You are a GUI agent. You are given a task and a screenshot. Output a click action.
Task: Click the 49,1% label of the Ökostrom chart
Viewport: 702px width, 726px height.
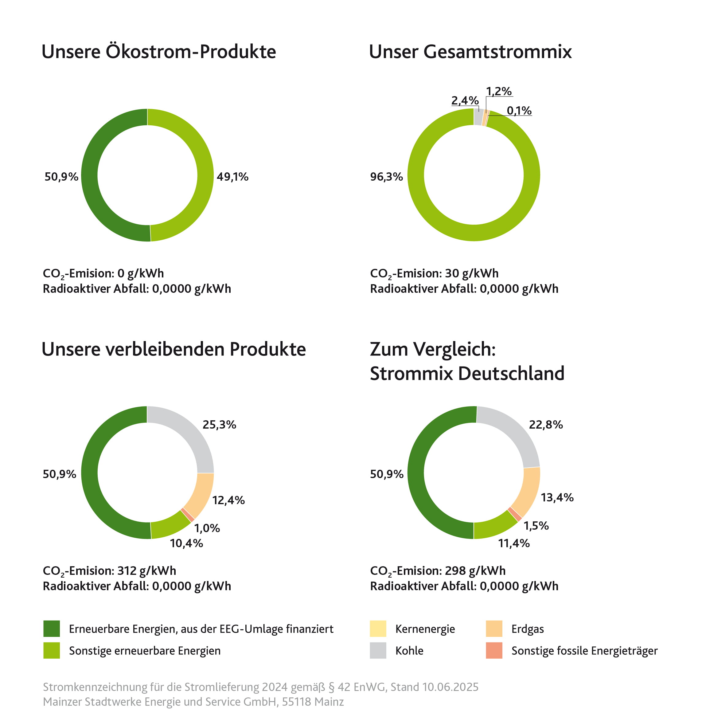232,177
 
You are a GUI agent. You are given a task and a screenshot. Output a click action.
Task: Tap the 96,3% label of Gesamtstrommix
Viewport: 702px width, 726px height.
386,177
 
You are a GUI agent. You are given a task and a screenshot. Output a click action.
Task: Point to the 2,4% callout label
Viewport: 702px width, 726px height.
465,100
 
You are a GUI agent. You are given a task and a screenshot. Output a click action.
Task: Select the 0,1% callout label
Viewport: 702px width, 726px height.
519,110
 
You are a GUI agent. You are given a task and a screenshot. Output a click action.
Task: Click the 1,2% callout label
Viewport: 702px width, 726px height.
498,91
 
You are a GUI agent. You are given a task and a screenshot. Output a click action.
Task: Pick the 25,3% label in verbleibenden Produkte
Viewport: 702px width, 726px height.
219,425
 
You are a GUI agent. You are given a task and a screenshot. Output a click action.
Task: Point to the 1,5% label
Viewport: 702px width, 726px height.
536,526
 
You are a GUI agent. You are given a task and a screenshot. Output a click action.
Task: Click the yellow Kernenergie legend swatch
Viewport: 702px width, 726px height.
378,629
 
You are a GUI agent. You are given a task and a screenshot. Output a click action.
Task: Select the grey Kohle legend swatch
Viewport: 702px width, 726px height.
378,650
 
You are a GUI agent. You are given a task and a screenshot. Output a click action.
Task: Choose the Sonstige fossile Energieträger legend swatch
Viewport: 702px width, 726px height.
494,650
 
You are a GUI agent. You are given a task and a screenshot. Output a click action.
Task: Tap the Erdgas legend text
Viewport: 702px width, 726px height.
527,629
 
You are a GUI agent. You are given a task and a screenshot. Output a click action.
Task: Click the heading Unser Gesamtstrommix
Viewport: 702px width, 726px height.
470,52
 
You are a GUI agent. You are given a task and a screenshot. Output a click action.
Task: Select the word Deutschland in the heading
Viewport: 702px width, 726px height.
511,373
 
